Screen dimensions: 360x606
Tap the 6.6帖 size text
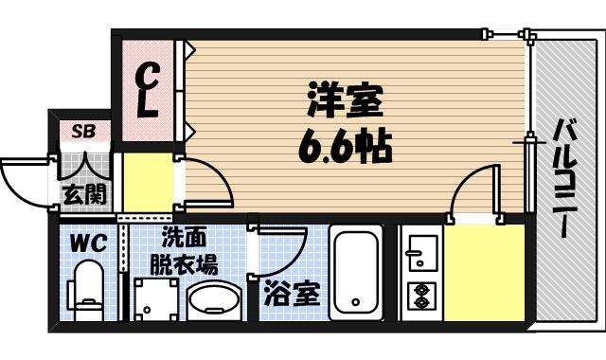coord(347,148)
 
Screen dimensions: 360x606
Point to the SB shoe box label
coord(82,132)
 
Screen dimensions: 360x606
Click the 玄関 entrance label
coord(82,196)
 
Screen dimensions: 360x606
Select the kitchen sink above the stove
coord(418,252)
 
